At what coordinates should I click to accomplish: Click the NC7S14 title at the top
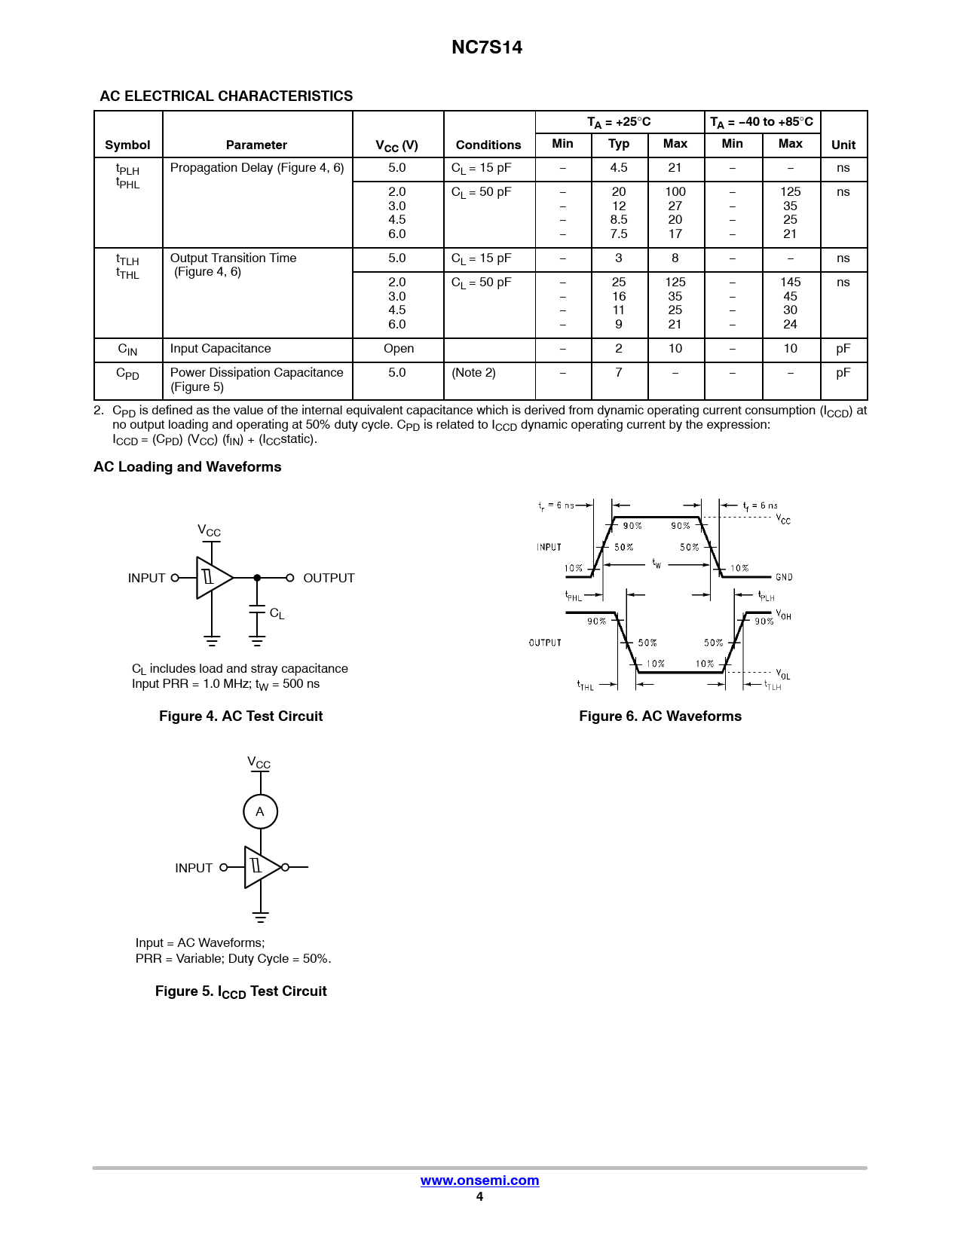click(486, 47)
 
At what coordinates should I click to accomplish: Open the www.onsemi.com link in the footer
click(479, 1180)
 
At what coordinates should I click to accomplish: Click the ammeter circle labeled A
click(260, 811)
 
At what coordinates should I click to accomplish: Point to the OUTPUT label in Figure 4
click(329, 578)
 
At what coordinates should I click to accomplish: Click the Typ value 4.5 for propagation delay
click(618, 168)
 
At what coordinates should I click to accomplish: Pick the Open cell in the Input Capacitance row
click(398, 349)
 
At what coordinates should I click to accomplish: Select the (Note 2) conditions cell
click(473, 373)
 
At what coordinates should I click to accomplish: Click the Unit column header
click(843, 145)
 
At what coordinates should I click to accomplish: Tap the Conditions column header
click(488, 145)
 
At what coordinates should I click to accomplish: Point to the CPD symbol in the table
click(127, 374)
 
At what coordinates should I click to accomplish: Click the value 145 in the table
click(790, 282)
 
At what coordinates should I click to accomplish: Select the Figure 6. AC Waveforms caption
click(660, 716)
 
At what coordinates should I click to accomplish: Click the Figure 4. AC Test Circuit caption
click(240, 716)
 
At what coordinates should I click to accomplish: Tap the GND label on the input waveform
click(784, 577)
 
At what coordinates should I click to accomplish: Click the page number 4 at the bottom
click(479, 1196)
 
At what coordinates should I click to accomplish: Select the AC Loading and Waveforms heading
click(187, 467)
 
